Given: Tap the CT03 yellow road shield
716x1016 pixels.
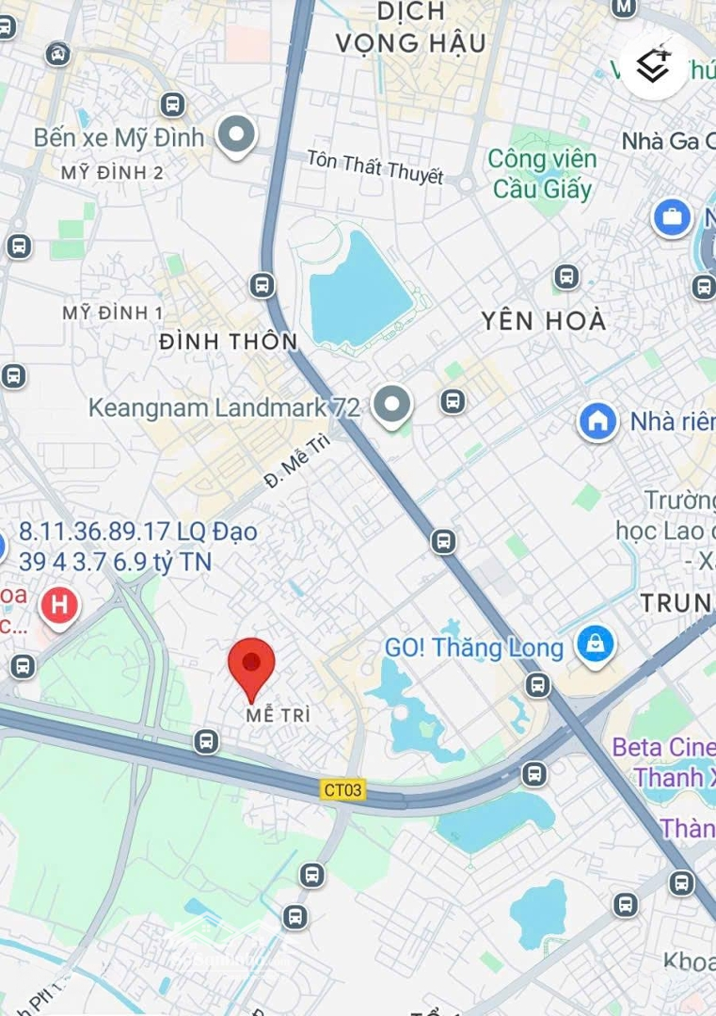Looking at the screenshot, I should [x=342, y=789].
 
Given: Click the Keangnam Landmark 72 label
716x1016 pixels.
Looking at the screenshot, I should [x=224, y=407].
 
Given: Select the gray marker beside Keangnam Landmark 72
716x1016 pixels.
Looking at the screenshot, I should [x=391, y=405].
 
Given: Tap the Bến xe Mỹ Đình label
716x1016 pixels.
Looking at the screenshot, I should [x=119, y=137].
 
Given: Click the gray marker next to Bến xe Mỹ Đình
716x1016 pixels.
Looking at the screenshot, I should [x=236, y=135].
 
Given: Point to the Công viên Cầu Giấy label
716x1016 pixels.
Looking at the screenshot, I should [x=542, y=174].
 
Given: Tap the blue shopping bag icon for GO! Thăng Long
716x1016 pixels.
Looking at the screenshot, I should [x=595, y=645].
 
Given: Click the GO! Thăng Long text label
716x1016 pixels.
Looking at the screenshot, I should [x=474, y=648].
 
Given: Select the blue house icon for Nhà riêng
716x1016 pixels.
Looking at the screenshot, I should [x=597, y=421].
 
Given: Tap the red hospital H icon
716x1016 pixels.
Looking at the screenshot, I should [x=59, y=603].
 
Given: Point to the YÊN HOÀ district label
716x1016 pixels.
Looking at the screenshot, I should [x=544, y=321].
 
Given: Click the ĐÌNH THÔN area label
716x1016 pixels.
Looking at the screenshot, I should [x=229, y=341].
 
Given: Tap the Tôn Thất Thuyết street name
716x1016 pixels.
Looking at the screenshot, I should [x=374, y=167].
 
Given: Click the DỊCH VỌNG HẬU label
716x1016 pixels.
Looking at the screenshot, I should [x=411, y=27].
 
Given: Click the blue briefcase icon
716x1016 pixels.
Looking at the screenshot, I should [x=672, y=218].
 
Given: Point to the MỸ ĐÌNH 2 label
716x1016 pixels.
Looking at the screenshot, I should [x=112, y=173].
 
